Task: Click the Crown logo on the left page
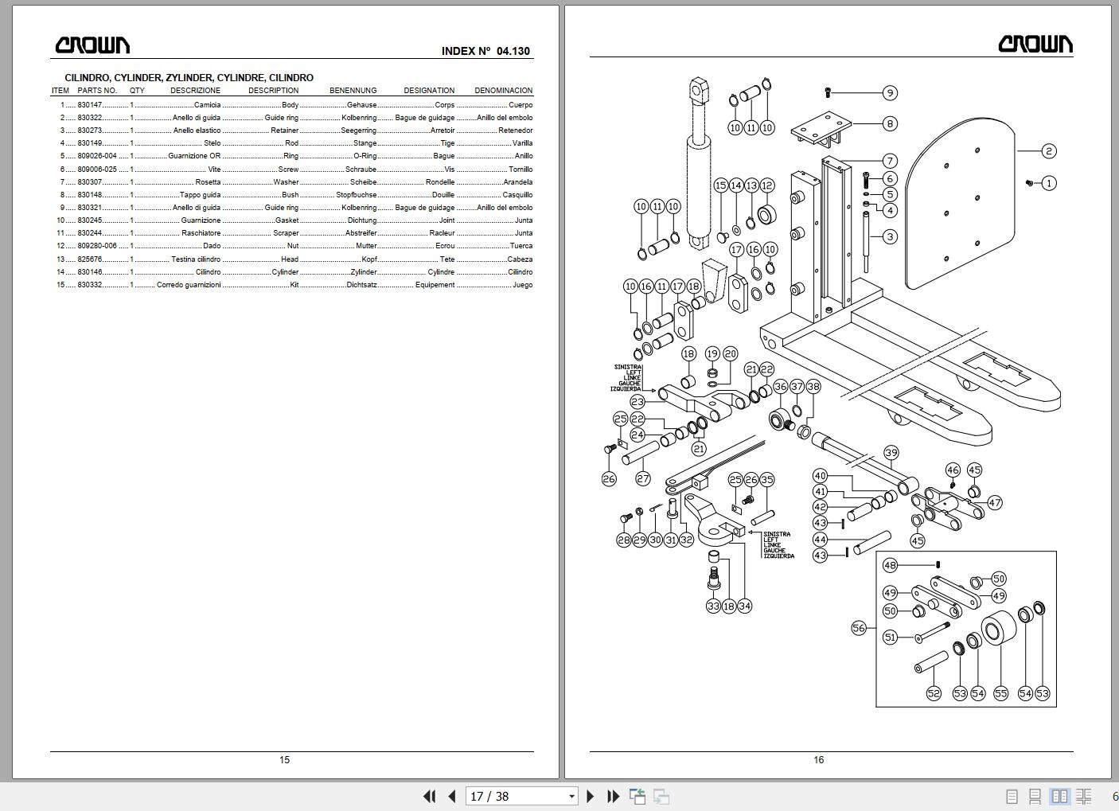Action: tap(92, 45)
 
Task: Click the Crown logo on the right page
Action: tap(1035, 44)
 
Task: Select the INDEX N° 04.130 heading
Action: tap(485, 51)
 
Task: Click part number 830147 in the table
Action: tap(90, 105)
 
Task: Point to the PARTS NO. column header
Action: tap(97, 91)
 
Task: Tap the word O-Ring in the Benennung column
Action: tap(365, 156)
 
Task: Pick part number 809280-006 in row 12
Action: tap(97, 246)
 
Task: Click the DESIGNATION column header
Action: tap(429, 91)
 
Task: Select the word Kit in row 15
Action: tap(294, 285)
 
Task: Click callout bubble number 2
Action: tap(1049, 151)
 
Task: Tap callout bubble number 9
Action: tap(890, 93)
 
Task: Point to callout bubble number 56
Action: tap(858, 628)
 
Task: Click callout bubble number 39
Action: tap(891, 453)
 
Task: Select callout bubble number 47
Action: tap(995, 502)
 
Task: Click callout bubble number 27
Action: tap(643, 478)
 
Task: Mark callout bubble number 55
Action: tap(1000, 693)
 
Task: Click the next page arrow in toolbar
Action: tap(591, 796)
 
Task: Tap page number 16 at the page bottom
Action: tap(818, 760)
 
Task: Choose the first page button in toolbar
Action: tap(429, 796)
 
